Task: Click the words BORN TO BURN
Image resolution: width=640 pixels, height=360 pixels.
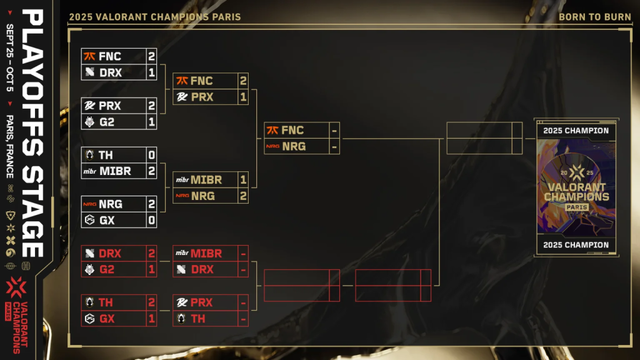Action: (594, 17)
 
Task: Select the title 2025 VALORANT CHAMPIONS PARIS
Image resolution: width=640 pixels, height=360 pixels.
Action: (154, 17)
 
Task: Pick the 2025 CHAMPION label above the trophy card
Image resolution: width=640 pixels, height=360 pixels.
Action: (576, 131)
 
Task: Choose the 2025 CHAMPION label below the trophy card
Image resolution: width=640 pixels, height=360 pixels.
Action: (576, 245)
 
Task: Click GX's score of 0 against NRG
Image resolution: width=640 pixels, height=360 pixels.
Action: (151, 220)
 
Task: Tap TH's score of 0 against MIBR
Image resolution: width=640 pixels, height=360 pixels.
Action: (151, 155)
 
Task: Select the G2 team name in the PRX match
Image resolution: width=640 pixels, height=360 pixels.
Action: (107, 122)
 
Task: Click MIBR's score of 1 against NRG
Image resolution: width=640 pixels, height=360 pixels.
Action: (243, 179)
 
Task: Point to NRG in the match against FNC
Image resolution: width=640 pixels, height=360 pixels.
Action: (293, 147)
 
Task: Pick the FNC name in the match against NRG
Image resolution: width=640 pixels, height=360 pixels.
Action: (292, 131)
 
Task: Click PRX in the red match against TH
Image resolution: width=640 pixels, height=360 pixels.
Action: (201, 302)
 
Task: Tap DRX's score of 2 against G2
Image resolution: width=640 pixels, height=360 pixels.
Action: (151, 253)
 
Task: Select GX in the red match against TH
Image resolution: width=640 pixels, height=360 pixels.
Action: (107, 319)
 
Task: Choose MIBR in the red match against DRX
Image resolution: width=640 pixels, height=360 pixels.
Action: (206, 253)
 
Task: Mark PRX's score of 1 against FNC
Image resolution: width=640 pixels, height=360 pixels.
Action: (243, 97)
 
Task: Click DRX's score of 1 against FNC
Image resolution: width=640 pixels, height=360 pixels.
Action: (151, 72)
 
